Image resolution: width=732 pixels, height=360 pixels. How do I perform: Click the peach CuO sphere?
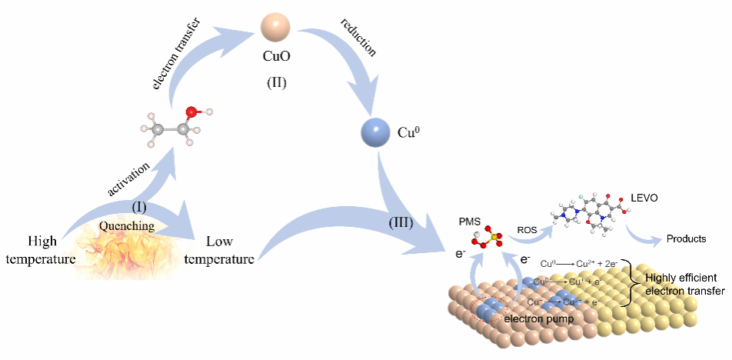pyautogui.click(x=274, y=27)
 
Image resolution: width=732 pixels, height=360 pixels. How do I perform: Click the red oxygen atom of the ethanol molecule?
pyautogui.click(x=191, y=114)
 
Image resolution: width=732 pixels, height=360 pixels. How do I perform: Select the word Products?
pyautogui.click(x=685, y=238)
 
